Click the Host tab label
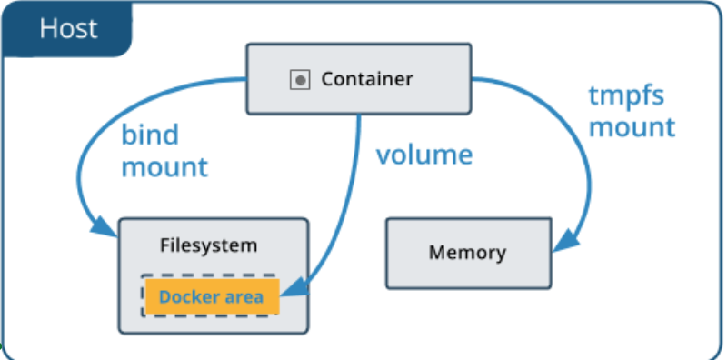click(68, 28)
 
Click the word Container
click(366, 80)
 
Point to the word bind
click(150, 135)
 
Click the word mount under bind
click(164, 167)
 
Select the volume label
click(424, 155)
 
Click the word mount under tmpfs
click(632, 126)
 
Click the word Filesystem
click(209, 245)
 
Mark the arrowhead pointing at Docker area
click(291, 294)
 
